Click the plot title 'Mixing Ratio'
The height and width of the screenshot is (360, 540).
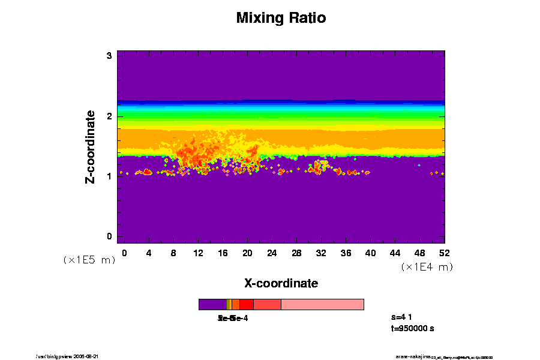coord(281,18)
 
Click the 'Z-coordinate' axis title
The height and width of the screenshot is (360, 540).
coord(91,146)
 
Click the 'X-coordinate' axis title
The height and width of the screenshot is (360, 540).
coord(281,283)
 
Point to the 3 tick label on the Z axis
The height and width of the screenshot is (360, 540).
coord(110,56)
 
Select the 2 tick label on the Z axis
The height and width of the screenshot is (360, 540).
coord(110,116)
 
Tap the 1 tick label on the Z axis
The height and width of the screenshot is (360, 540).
coord(110,176)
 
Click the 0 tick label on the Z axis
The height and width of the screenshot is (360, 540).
coord(110,236)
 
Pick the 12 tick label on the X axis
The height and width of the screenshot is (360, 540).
coord(198,253)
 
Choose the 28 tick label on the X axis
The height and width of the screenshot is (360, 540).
coord(296,253)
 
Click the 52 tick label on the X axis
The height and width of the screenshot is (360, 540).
coord(444,253)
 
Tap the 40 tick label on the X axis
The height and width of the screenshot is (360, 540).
coord(370,253)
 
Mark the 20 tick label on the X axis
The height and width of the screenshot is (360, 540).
coord(247,253)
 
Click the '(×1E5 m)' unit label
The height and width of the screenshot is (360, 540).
coord(89,260)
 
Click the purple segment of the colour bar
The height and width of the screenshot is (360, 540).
coord(212,304)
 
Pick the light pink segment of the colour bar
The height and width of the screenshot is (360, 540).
coord(322,304)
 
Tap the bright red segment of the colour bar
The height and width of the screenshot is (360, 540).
coord(246,304)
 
